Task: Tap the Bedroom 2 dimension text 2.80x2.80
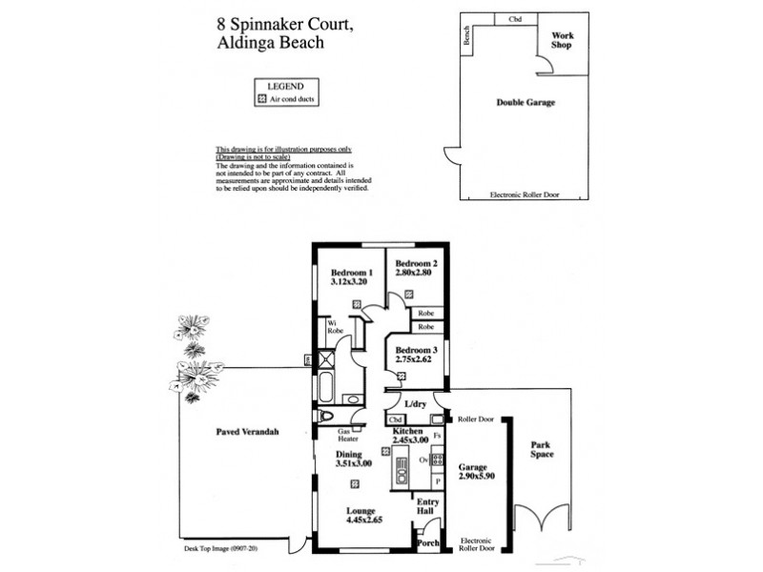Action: [x=416, y=274]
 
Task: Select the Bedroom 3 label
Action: [x=416, y=349]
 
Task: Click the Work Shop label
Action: [x=562, y=40]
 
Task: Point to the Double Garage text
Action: [x=525, y=102]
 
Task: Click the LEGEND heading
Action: [x=286, y=86]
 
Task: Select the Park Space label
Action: [x=542, y=449]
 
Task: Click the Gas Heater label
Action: [x=348, y=436]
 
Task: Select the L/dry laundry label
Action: [x=415, y=405]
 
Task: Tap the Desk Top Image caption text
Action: [x=221, y=549]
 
